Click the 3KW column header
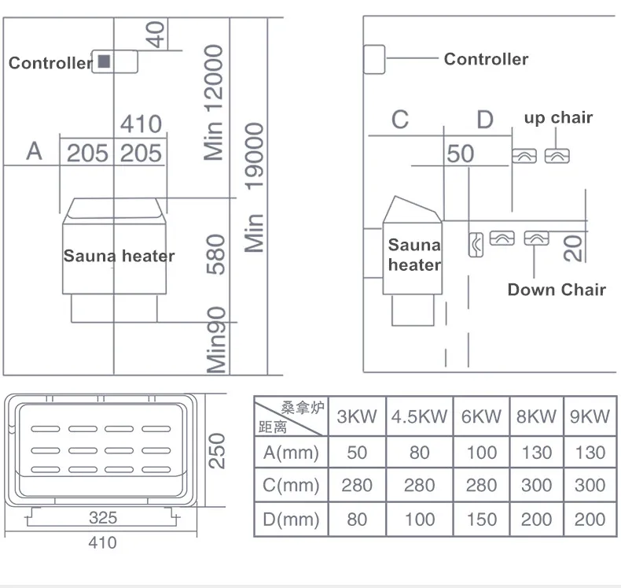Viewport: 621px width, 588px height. coord(356,416)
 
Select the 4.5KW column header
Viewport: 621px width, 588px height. coord(419,416)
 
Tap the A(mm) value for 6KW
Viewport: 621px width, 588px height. coord(481,453)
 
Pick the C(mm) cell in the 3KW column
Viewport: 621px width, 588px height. coord(356,485)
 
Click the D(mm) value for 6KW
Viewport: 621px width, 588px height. coord(481,520)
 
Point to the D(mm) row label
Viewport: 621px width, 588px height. coord(290,520)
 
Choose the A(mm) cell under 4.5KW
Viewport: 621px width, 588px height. coord(419,453)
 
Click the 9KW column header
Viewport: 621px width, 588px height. coord(590,416)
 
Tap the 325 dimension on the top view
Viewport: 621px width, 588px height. coord(103,517)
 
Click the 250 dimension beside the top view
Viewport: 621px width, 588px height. coord(218,450)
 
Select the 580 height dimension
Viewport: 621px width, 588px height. coord(215,254)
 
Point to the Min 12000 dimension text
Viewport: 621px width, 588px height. coord(214,102)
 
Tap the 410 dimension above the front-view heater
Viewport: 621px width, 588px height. coord(141,124)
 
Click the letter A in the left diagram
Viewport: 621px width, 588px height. coord(34,150)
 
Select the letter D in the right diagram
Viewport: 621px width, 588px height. coord(485,120)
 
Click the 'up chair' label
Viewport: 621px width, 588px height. coord(558,118)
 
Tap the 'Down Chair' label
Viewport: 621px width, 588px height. coord(557,290)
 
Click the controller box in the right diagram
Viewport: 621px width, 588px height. coord(374,59)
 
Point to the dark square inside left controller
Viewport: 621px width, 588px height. coord(104,61)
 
